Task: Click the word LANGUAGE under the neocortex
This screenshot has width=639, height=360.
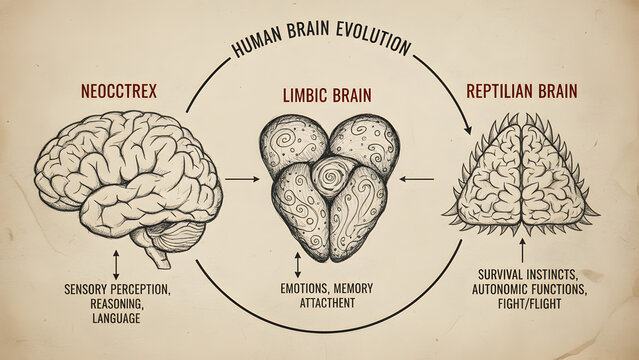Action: pyautogui.click(x=116, y=318)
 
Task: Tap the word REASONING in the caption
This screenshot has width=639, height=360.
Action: pyautogui.click(x=116, y=304)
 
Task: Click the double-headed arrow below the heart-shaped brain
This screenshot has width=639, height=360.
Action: pyautogui.click(x=298, y=265)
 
